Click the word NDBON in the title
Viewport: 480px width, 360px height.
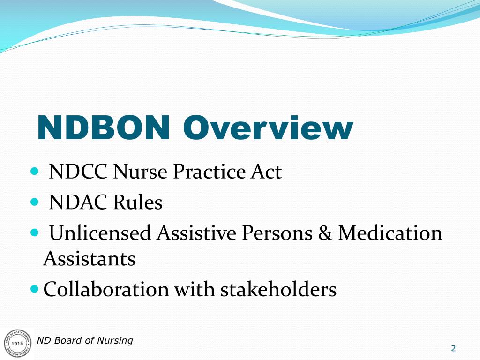(103, 127)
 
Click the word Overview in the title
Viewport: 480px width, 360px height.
(268, 127)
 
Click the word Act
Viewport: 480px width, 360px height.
(265, 172)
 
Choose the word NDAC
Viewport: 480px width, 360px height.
(77, 202)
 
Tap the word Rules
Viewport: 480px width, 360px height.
(137, 202)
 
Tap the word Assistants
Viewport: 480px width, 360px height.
(89, 259)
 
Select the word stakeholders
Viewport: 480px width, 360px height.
(278, 289)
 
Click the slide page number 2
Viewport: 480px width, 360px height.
(453, 348)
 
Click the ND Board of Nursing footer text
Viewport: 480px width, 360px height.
(85, 340)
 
